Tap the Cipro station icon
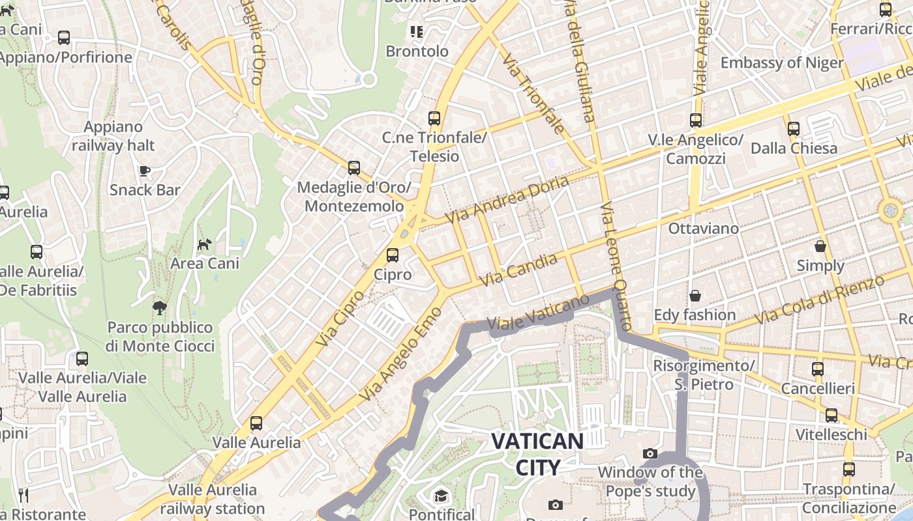pos(393,255)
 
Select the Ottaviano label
pos(703,229)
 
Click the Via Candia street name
pos(519,270)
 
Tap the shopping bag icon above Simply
pos(820,246)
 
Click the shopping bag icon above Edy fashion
pos(695,296)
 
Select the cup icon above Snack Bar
pos(145,171)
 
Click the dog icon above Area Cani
pos(205,245)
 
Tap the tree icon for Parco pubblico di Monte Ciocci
pos(159,307)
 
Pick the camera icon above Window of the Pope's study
pos(650,453)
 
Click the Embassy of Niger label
pos(782,63)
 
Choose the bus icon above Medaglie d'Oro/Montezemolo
pos(354,168)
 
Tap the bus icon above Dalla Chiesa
pos(794,129)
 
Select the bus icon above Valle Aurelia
pos(256,423)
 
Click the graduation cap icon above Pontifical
pos(442,496)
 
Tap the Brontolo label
pos(417,51)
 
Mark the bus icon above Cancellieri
pos(818,369)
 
